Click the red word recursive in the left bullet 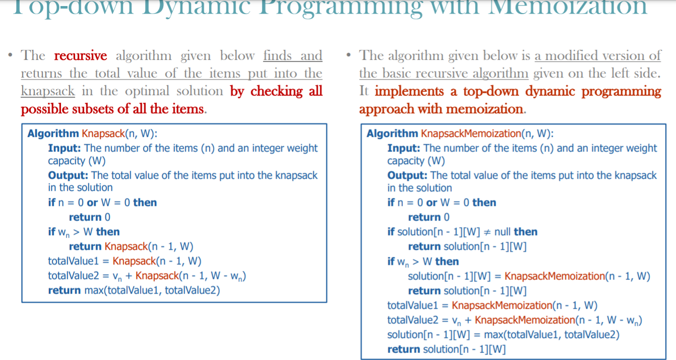coord(80,56)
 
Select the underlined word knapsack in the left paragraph coord(48,91)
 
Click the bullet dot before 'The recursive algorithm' coord(11,55)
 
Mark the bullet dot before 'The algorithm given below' coord(350,55)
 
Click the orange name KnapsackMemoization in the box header coord(470,133)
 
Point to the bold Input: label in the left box coord(65,148)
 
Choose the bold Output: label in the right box coord(408,175)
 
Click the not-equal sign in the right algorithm coord(487,232)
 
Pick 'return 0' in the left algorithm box coord(90,217)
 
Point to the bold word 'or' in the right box coord(432,202)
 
